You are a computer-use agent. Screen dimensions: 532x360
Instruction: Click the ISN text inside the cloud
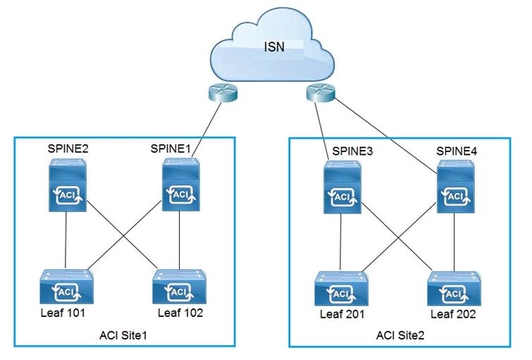(x=274, y=46)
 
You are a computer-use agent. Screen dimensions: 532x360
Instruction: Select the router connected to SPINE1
(x=223, y=93)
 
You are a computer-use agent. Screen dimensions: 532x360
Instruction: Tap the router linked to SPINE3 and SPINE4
(x=321, y=92)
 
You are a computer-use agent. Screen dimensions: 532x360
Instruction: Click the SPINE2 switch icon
(x=68, y=185)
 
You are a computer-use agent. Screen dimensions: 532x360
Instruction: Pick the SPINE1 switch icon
(x=181, y=185)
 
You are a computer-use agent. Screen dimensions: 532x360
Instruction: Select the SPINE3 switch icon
(x=342, y=187)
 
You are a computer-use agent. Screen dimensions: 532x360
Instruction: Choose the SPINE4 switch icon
(x=456, y=186)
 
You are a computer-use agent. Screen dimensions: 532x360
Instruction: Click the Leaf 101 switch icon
(x=66, y=287)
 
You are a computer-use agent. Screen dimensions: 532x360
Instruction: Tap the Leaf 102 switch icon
(x=180, y=287)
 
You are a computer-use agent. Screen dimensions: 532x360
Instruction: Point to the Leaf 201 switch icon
(x=341, y=288)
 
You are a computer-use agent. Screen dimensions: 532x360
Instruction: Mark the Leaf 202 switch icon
(x=454, y=288)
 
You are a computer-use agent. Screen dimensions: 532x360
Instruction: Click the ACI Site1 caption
(x=123, y=335)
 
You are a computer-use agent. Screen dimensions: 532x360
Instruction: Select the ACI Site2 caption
(x=400, y=335)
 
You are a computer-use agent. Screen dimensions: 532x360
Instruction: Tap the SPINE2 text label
(x=68, y=149)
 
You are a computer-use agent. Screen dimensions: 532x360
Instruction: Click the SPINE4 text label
(x=457, y=151)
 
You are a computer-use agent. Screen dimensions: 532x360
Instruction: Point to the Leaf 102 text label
(x=180, y=313)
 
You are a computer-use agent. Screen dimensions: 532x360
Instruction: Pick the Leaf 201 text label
(x=342, y=314)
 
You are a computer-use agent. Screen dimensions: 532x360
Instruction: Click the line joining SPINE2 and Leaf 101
(x=66, y=240)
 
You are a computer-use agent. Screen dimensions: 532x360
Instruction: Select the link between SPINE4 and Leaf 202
(x=454, y=242)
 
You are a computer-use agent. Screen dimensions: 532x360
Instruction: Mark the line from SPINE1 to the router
(x=206, y=130)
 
